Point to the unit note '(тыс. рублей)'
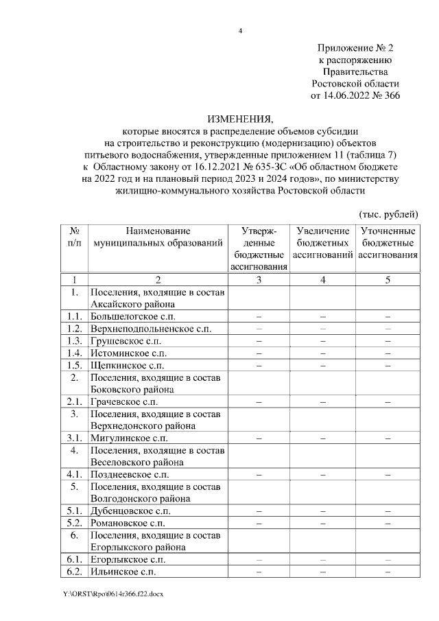click(389, 214)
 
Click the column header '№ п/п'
click(75, 237)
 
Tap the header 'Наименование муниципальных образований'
click(158, 237)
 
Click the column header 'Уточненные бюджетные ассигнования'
click(388, 243)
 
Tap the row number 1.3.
click(75, 341)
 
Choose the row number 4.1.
click(75, 474)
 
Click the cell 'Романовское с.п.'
click(128, 523)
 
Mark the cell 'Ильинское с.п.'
click(122, 572)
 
